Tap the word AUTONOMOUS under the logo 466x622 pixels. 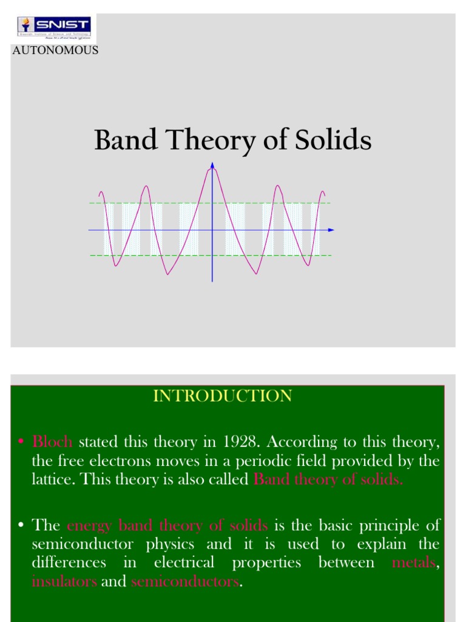coord(55,50)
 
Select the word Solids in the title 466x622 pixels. coord(333,141)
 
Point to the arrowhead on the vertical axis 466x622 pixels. coord(212,165)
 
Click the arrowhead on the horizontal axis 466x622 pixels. coord(331,230)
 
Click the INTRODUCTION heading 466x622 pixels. coord(222,396)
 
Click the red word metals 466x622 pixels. coord(413,562)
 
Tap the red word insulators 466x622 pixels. coord(64,581)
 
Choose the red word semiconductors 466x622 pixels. coord(185,581)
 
